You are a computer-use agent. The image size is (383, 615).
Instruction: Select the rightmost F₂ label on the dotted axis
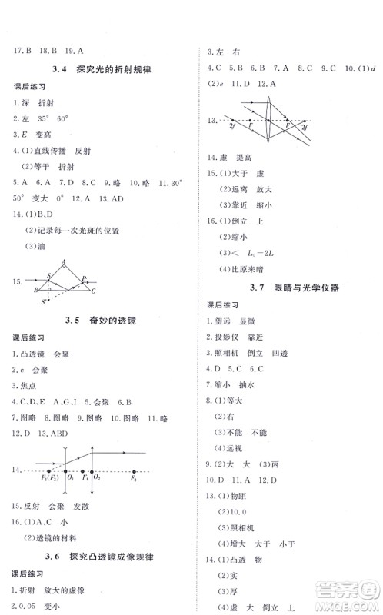pyautogui.click(x=134, y=479)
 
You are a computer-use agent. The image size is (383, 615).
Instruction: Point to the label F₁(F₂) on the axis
pyautogui.click(x=50, y=479)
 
